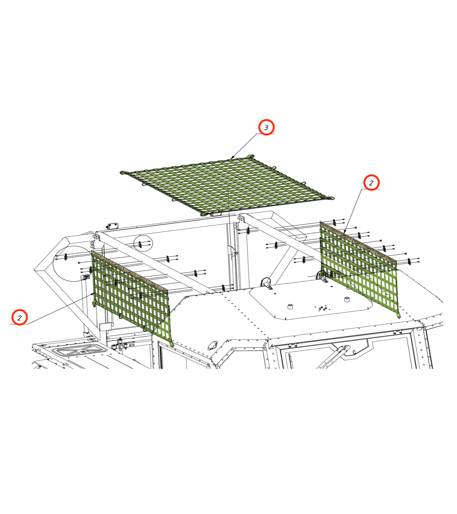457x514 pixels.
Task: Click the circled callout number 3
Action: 266,127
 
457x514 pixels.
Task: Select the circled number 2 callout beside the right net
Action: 371,182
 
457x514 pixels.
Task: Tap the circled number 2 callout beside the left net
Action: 19,317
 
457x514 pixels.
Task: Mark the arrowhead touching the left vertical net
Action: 93,293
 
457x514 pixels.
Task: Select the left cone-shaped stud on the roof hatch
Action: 290,306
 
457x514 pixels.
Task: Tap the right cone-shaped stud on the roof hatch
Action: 347,300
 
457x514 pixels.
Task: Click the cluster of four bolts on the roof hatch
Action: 322,308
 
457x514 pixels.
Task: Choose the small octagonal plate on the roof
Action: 212,345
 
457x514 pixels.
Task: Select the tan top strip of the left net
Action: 129,271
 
